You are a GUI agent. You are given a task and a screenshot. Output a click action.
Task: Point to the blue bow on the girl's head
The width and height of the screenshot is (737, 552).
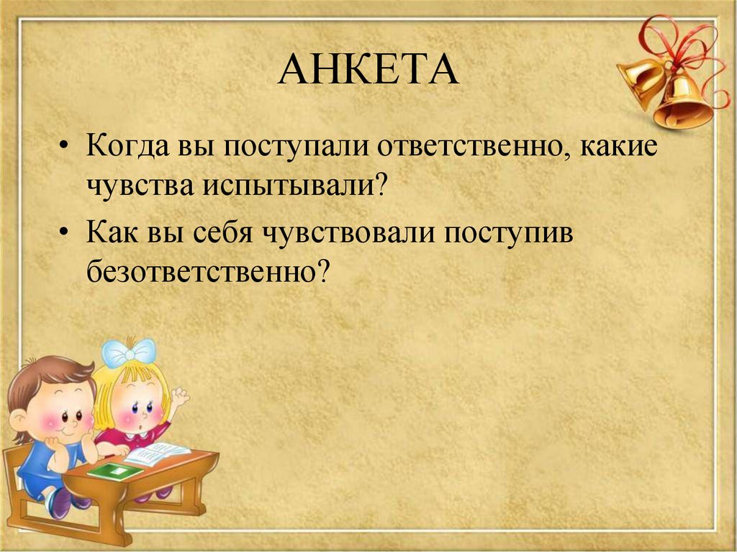point(129,352)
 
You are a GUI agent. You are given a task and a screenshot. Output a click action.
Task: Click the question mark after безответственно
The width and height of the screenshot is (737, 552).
point(321,271)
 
